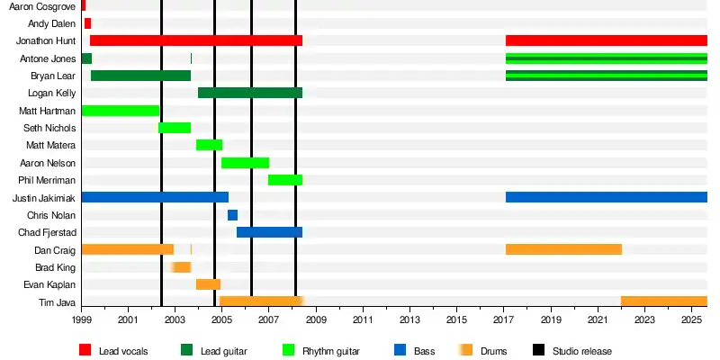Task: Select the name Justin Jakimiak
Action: click(x=44, y=198)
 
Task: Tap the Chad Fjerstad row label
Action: click(x=46, y=233)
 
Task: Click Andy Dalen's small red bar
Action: click(x=87, y=23)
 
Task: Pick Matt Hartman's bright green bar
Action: click(x=121, y=111)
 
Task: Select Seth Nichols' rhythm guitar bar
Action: click(x=175, y=128)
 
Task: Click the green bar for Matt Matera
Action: click(x=209, y=145)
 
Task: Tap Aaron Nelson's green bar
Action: click(x=245, y=163)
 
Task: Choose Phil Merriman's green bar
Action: click(x=285, y=180)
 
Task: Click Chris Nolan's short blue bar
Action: click(x=232, y=215)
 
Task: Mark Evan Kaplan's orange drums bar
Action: click(x=208, y=284)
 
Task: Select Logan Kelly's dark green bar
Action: click(x=250, y=93)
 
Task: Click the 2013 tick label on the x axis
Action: click(x=409, y=320)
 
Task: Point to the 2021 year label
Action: click(x=598, y=320)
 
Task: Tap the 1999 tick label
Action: click(x=82, y=320)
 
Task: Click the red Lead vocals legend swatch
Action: click(x=85, y=350)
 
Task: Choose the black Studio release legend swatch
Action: click(x=538, y=350)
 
